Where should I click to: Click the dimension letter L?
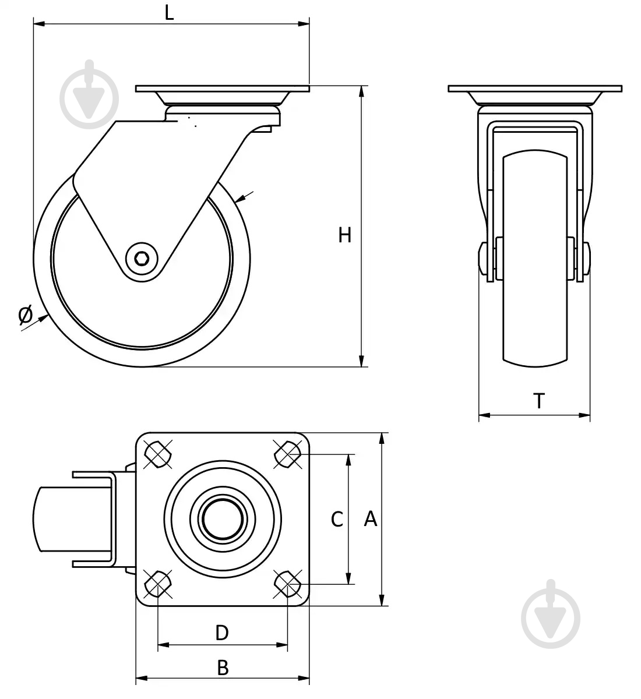pyautogui.click(x=169, y=13)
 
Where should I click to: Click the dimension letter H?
pyautogui.click(x=344, y=235)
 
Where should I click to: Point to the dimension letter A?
pyautogui.click(x=371, y=519)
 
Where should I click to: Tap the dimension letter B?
pyautogui.click(x=223, y=668)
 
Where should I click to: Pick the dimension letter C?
pyautogui.click(x=337, y=519)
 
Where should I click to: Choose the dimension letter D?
pyautogui.click(x=222, y=633)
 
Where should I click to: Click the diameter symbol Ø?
pyautogui.click(x=25, y=315)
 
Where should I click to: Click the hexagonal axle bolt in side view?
pyautogui.click(x=142, y=259)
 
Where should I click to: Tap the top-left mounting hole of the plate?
pyautogui.click(x=158, y=454)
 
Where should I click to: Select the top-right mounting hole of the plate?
pyautogui.click(x=288, y=454)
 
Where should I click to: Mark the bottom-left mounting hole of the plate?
pyautogui.click(x=158, y=584)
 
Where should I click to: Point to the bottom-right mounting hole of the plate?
pyautogui.click(x=288, y=584)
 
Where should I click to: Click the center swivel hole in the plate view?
pyautogui.click(x=223, y=519)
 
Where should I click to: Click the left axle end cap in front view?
pyautogui.click(x=482, y=259)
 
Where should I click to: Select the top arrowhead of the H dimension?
pyautogui.click(x=362, y=91)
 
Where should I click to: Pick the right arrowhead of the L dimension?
pyautogui.click(x=304, y=24)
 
